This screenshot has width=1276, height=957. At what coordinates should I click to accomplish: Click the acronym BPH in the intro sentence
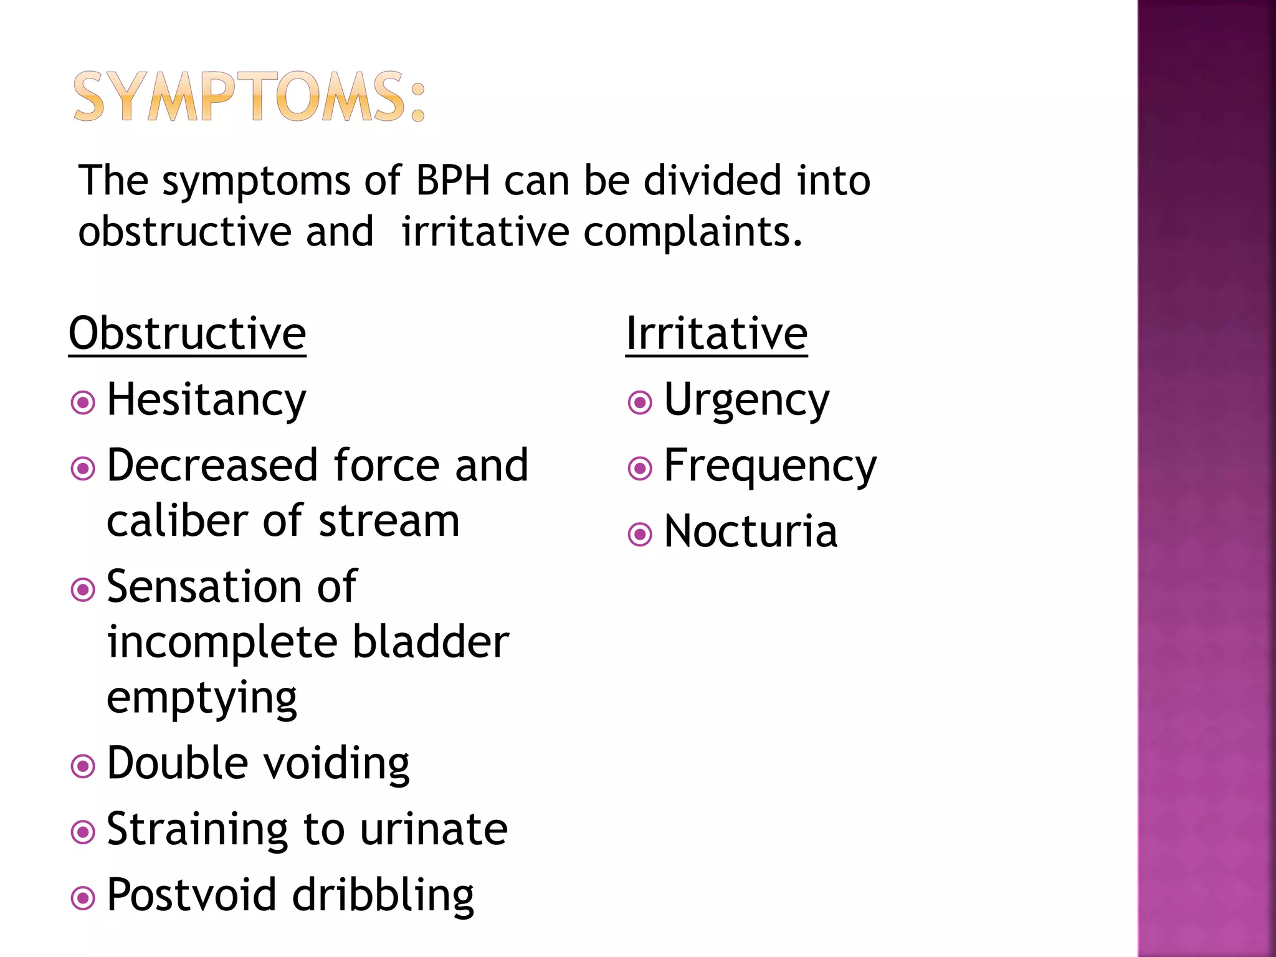(x=452, y=181)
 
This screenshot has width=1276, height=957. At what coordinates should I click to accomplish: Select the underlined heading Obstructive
(x=187, y=334)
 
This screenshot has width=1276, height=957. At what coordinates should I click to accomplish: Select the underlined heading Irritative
(x=717, y=334)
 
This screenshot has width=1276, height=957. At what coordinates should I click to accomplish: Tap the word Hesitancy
(x=206, y=401)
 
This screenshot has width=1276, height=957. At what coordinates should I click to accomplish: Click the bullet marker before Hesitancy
(x=83, y=402)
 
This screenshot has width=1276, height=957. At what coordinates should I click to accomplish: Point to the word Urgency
(x=746, y=401)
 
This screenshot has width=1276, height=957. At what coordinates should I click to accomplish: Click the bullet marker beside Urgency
(x=640, y=402)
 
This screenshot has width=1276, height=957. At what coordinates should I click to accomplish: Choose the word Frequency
(x=770, y=467)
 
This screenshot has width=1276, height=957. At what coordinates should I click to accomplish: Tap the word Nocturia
(x=750, y=532)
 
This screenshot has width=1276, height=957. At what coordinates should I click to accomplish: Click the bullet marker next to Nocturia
(x=640, y=534)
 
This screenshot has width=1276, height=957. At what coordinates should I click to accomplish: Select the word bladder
(x=431, y=642)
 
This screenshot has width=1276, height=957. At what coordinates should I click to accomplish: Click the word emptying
(x=201, y=698)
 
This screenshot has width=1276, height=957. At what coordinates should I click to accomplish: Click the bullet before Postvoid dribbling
(x=83, y=898)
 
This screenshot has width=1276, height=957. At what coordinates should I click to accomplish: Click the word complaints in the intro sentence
(x=692, y=232)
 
